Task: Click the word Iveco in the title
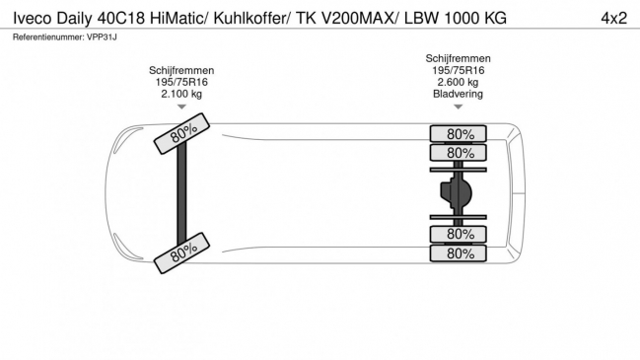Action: [x=33, y=19]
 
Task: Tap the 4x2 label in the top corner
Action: [x=613, y=19]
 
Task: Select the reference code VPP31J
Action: [x=102, y=37]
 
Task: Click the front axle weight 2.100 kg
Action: [x=181, y=94]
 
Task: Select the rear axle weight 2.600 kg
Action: [x=458, y=82]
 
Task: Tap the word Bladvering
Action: [x=458, y=94]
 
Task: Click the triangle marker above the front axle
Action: [x=181, y=107]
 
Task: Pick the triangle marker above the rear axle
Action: [x=458, y=107]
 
